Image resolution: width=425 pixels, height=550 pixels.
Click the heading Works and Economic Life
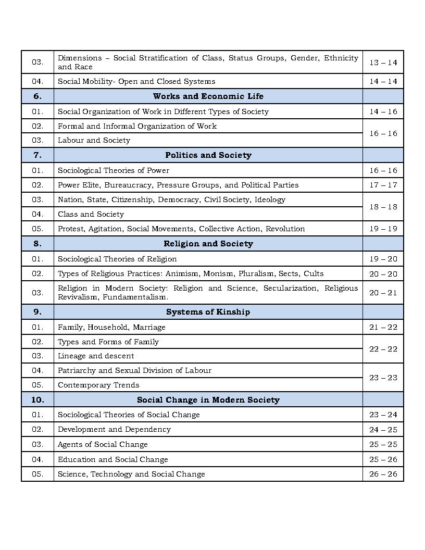208,96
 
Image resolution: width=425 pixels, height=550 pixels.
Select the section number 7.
37,155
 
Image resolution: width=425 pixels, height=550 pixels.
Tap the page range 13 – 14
383,63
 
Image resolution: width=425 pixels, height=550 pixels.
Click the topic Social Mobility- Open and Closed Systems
136,81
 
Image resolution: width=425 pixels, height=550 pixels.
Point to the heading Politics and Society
208,155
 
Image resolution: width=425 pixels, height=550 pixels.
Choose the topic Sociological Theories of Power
114,170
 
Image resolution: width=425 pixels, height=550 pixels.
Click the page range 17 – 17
383,185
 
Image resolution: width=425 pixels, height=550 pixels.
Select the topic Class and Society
91,214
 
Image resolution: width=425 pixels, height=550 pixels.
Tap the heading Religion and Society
208,244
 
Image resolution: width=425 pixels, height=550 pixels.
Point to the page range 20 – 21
383,293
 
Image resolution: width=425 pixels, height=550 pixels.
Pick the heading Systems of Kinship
208,312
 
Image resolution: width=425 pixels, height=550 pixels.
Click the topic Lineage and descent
96,356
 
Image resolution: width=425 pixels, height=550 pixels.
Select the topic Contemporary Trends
98,385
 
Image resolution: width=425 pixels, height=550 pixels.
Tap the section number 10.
37,400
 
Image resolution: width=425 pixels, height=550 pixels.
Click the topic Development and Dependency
114,429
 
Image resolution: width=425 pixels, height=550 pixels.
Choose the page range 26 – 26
383,474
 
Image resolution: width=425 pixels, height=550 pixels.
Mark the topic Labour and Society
94,140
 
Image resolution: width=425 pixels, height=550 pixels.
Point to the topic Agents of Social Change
103,444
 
